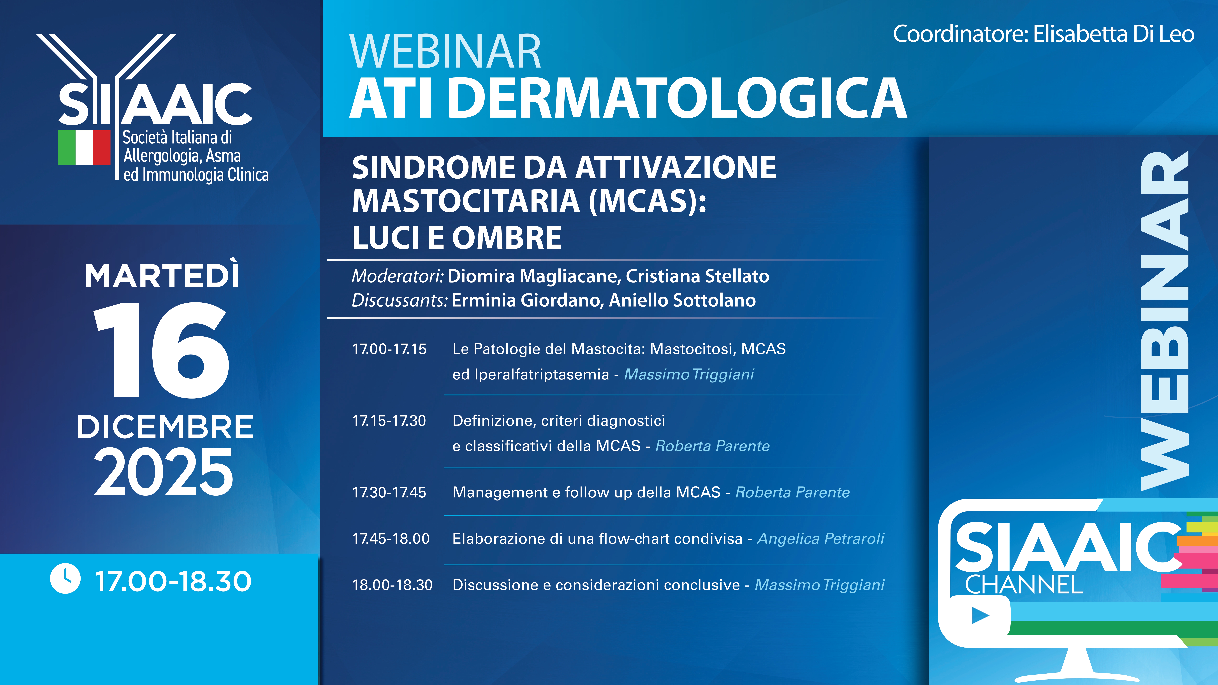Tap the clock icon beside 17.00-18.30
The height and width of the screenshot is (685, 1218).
click(x=65, y=578)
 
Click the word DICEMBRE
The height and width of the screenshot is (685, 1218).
click(x=165, y=427)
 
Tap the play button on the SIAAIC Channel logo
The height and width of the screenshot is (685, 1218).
click(x=980, y=615)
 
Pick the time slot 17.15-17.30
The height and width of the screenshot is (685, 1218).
click(x=389, y=421)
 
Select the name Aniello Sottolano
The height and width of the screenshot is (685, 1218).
click(x=682, y=300)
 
